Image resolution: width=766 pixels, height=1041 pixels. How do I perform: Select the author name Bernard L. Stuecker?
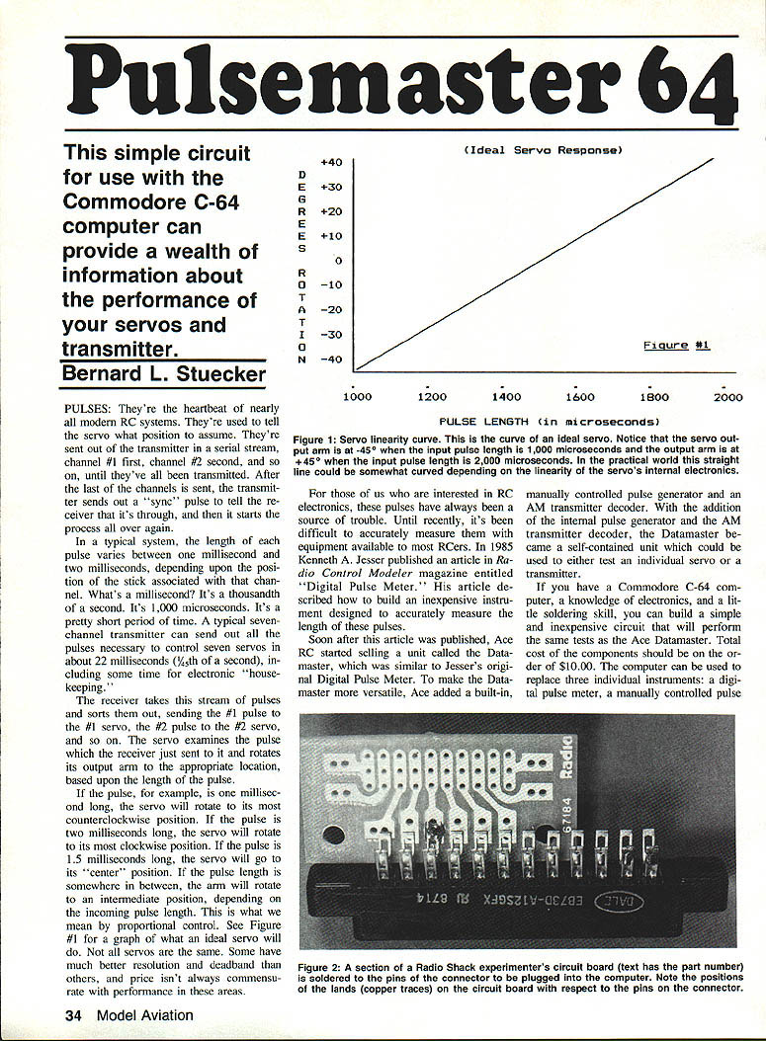164,374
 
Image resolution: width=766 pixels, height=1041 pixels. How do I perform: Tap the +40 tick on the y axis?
331,162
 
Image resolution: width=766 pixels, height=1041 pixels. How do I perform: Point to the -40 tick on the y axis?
331,360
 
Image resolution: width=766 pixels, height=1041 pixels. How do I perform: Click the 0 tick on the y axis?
338,261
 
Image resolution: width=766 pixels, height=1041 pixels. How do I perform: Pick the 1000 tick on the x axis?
356,397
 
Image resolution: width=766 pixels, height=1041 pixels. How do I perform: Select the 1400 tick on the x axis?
505,397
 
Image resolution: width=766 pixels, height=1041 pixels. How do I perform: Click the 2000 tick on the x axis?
727,397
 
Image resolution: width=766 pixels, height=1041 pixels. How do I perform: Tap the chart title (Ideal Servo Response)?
542,150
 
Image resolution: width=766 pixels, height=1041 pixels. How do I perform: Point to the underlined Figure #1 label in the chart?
676,345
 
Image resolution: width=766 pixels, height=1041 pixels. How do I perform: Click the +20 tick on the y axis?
331,211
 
